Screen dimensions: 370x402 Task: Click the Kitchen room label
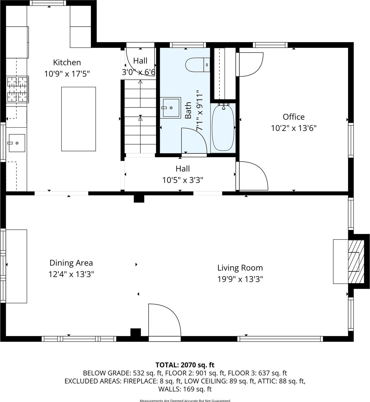tap(67, 62)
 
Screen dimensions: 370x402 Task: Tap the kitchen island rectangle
tap(78, 119)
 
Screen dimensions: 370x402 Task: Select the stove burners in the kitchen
tap(17, 89)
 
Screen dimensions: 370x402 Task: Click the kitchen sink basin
tap(17, 143)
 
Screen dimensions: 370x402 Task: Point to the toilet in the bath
tap(197, 65)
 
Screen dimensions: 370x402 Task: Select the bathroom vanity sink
tap(171, 108)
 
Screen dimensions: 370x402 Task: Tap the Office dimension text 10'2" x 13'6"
tap(294, 128)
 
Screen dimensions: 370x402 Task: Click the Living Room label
tap(240, 268)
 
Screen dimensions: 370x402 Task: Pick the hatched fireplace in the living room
tap(356, 262)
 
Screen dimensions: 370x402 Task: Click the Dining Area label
tap(71, 263)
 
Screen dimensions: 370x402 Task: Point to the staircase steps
tap(140, 116)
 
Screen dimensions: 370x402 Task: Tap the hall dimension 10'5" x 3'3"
tap(183, 180)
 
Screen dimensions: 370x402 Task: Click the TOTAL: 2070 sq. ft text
tap(185, 365)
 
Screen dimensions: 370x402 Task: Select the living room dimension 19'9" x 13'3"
tap(240, 279)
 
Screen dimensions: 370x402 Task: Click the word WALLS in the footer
tap(170, 389)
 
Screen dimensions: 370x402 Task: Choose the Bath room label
tap(188, 111)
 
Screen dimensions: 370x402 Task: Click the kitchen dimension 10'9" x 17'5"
tap(67, 74)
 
